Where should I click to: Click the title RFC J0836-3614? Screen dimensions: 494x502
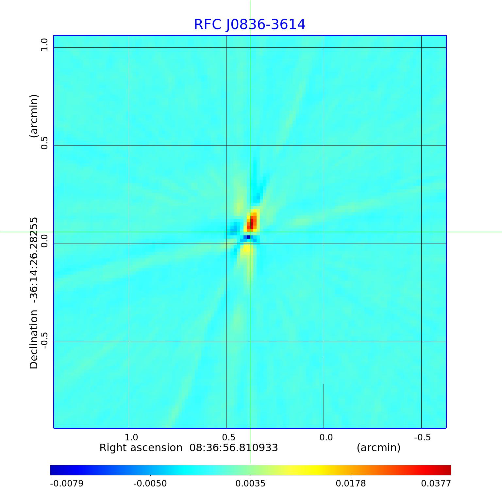click(x=250, y=25)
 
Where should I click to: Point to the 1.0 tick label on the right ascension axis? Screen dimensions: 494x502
click(x=131, y=437)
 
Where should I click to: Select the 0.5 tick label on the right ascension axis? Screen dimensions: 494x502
click(x=229, y=437)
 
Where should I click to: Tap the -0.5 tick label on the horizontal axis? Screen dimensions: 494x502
click(x=422, y=437)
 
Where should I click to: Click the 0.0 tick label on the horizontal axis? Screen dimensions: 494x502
click(x=326, y=437)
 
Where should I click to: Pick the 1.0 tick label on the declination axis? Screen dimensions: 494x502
click(x=44, y=44)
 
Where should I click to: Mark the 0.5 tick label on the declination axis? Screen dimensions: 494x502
click(x=44, y=143)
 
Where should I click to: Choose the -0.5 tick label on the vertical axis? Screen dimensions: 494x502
click(x=44, y=339)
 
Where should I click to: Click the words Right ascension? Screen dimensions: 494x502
click(x=141, y=448)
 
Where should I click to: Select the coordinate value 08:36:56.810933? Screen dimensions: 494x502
click(x=234, y=448)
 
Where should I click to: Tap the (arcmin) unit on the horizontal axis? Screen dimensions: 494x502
click(x=378, y=448)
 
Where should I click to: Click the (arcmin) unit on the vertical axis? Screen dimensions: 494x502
click(x=34, y=116)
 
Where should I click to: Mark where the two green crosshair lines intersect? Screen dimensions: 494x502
click(x=251, y=232)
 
